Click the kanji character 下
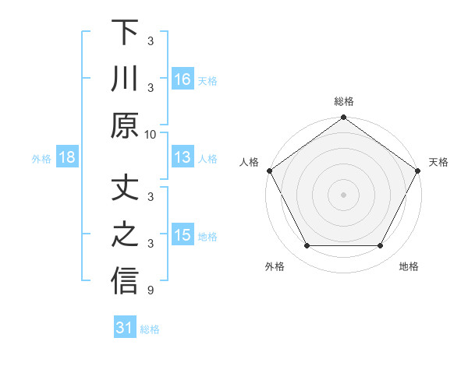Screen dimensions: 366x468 click(125, 33)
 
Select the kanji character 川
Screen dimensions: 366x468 click(125, 79)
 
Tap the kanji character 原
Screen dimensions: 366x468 click(125, 125)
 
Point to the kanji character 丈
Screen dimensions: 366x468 click(125, 190)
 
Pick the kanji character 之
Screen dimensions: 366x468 click(125, 236)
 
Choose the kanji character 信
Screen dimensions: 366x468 click(125, 281)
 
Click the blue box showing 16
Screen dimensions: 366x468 click(183, 79)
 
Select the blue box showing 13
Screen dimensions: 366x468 click(183, 158)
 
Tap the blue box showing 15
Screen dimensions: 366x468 click(183, 236)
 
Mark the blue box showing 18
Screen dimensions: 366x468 click(67, 158)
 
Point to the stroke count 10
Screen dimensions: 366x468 click(151, 134)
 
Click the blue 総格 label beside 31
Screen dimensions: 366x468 click(150, 329)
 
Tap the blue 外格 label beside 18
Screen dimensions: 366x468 click(41, 159)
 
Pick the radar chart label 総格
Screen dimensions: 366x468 click(343, 101)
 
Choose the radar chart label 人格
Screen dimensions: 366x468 click(250, 162)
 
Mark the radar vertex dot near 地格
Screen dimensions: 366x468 click(381, 246)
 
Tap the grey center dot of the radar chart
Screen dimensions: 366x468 click(343, 194)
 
